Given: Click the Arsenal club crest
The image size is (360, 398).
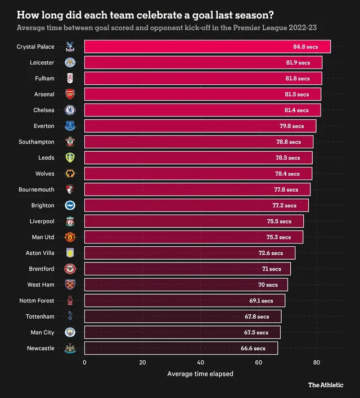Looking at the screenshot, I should pos(70,94).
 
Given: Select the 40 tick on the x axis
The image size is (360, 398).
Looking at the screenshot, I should pos(201,363).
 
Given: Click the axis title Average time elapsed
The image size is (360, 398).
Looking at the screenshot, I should pos(200,374).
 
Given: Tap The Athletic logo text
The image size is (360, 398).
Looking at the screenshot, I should pos(326,385).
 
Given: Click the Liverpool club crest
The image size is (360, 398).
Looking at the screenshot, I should pos(70,221).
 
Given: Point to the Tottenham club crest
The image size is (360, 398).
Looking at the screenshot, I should pos(70,317).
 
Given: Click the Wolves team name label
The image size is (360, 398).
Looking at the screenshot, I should pos(44,174).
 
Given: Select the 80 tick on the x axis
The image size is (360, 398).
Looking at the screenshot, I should pos(317,363).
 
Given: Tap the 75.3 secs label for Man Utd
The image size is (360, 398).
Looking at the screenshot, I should pos(278,237).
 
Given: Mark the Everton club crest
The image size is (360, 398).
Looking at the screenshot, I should pos(70,126).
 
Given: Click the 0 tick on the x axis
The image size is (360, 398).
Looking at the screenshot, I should pos(84,363).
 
